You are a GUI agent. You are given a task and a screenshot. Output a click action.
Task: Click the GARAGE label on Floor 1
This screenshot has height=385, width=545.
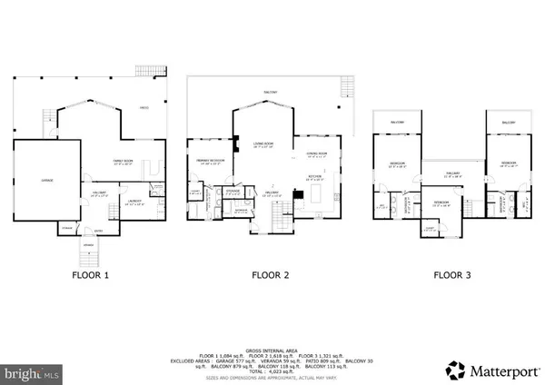46,182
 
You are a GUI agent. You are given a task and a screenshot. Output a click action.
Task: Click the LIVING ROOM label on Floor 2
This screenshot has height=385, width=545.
264,144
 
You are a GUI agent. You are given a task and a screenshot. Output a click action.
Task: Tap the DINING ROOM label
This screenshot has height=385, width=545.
316,153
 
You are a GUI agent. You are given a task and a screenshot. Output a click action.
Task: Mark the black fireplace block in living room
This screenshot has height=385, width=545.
236,142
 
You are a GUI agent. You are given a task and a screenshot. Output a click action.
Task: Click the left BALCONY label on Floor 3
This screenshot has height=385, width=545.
397,121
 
